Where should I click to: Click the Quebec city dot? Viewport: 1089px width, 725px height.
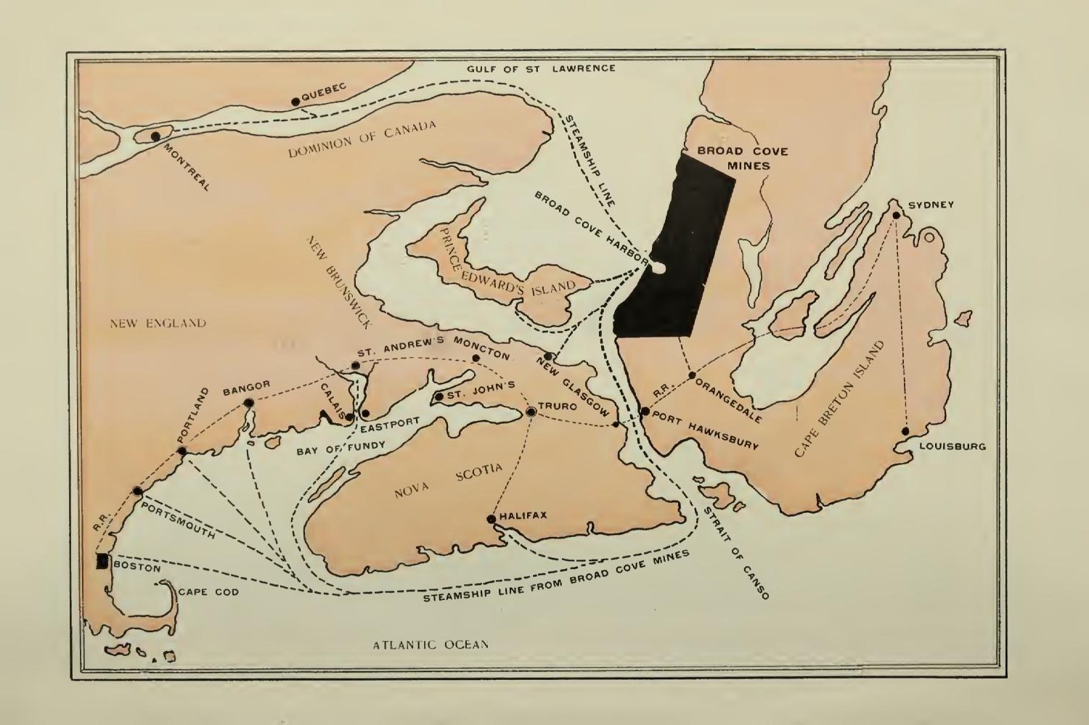click(295, 102)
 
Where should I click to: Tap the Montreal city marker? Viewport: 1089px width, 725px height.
click(155, 136)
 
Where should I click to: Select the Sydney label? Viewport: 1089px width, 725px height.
click(931, 205)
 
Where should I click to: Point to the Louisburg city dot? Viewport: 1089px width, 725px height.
click(906, 431)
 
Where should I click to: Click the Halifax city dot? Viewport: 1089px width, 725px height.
click(492, 519)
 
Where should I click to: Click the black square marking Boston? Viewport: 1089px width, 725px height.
click(102, 561)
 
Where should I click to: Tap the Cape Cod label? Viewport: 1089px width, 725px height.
click(208, 592)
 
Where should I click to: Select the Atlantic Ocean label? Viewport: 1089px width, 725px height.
click(431, 644)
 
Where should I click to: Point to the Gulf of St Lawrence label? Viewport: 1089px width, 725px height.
click(541, 68)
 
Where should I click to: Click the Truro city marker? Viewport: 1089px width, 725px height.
click(531, 411)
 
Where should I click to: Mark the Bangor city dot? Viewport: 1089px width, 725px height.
click(249, 403)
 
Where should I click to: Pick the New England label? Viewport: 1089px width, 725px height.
click(158, 324)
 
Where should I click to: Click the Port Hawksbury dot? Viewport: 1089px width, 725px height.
click(645, 411)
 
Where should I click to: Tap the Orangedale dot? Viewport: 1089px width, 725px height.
click(692, 376)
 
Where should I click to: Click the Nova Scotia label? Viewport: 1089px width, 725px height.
click(448, 481)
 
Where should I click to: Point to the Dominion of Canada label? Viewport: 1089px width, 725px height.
click(362, 139)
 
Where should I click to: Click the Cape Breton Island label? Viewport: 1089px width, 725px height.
click(840, 399)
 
